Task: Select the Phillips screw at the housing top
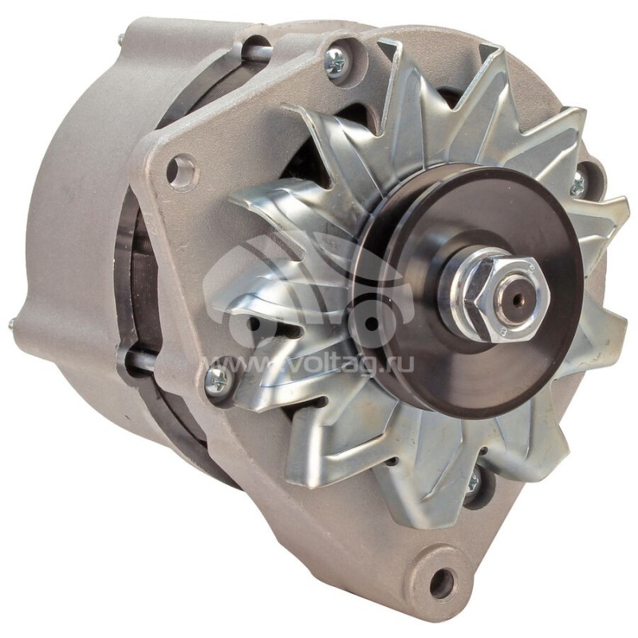(x=336, y=61)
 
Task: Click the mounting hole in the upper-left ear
(x=181, y=171)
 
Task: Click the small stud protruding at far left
(x=14, y=324)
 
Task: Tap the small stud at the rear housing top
(x=120, y=37)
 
